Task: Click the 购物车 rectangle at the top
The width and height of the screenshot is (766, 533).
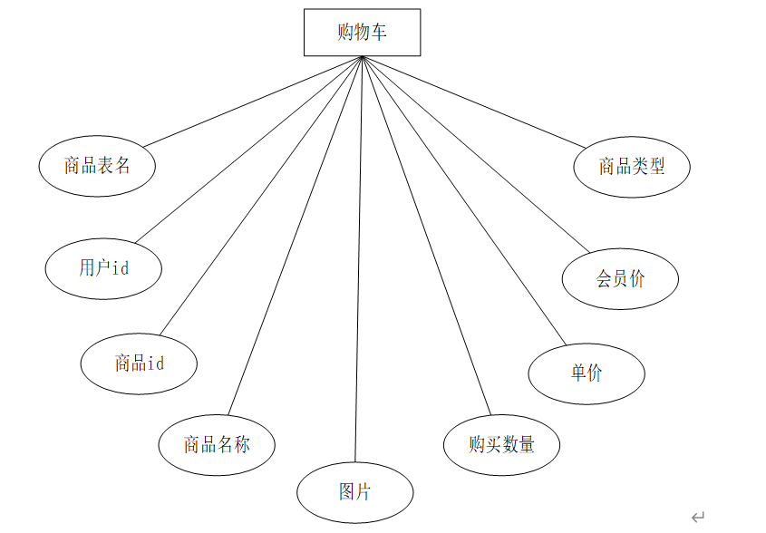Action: (x=362, y=33)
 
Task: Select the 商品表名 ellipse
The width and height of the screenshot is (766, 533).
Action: (x=97, y=166)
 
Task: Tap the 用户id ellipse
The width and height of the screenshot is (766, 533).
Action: (x=103, y=267)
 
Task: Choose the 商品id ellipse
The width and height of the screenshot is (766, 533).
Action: (x=139, y=363)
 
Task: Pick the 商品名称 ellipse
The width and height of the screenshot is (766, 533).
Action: (x=217, y=444)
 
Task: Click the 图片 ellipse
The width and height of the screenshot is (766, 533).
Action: (x=354, y=492)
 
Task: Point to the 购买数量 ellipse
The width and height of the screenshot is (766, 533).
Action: (x=501, y=444)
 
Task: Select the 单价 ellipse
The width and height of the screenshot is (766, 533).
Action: (x=587, y=373)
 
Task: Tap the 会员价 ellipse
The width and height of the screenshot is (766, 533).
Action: (x=620, y=279)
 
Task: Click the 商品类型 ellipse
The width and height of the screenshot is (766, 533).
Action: (x=632, y=166)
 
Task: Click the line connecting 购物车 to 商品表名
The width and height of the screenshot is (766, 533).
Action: (x=252, y=102)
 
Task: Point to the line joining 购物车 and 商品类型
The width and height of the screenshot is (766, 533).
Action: (x=474, y=102)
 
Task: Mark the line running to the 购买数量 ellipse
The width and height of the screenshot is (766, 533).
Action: (x=426, y=236)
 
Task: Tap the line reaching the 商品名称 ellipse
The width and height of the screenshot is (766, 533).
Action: (x=295, y=236)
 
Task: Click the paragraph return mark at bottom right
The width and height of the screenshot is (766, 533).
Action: (x=697, y=517)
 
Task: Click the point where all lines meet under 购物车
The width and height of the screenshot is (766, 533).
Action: (x=363, y=57)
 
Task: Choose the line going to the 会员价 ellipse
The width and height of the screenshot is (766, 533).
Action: (x=476, y=154)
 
